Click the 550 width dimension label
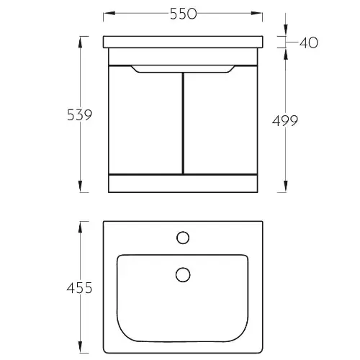pos(184,14)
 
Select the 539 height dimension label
pos(80,115)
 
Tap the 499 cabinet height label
pos(285,120)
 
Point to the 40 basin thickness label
pos(309,42)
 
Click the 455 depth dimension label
pos(79,288)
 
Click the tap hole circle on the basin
pos(183,238)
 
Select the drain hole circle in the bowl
pos(183,275)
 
